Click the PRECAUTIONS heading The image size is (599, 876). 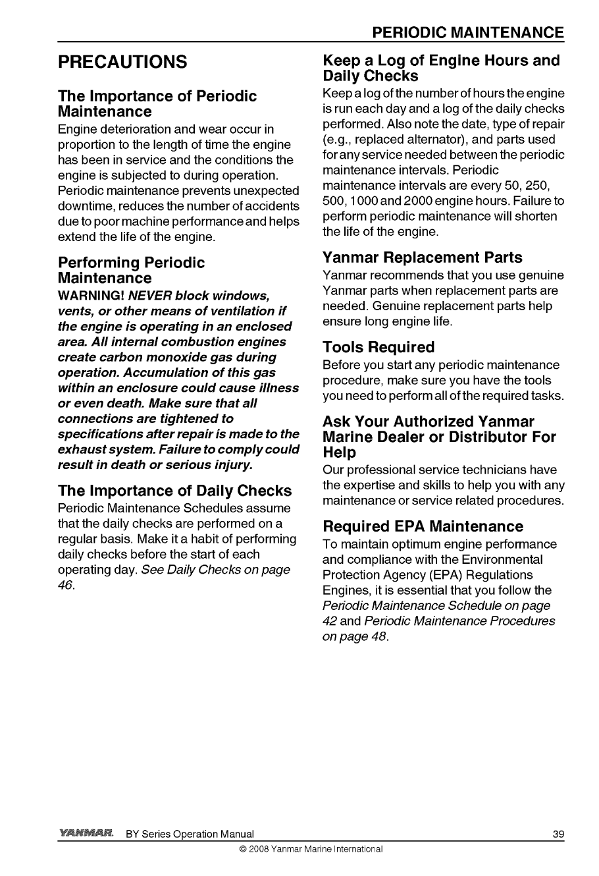[x=122, y=63]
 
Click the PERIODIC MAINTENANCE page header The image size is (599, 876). [x=467, y=33]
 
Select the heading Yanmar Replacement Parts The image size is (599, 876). [x=422, y=258]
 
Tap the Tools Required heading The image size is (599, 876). [x=378, y=347]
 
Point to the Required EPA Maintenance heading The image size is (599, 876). [x=423, y=526]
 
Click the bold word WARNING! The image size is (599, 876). [x=87, y=296]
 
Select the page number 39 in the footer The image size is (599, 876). [x=558, y=835]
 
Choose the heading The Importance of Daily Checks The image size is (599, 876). [x=174, y=491]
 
